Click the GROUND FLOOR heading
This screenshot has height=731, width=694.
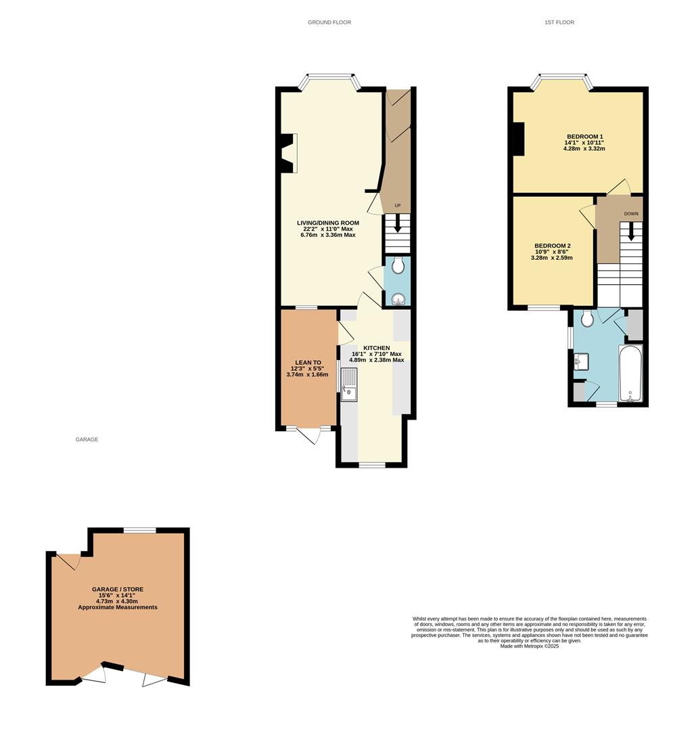[x=329, y=22]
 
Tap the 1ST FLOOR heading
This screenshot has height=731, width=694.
[x=559, y=22]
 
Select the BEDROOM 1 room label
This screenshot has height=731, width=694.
[x=584, y=137]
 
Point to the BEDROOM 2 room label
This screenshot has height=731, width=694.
[x=552, y=246]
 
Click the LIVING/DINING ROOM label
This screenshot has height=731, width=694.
[x=328, y=223]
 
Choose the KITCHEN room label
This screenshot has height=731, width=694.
[x=376, y=348]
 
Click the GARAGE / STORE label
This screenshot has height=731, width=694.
[x=118, y=590]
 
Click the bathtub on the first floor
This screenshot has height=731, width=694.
[x=630, y=374]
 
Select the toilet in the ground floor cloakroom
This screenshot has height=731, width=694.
[x=398, y=265]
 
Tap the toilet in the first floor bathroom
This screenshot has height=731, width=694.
[x=587, y=317]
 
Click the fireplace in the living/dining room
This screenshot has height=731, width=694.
[x=288, y=153]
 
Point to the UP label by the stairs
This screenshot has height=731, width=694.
[x=398, y=206]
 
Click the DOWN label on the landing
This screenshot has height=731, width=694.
[x=630, y=214]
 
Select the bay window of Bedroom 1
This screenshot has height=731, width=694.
[x=561, y=81]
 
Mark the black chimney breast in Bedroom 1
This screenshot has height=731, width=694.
[x=518, y=139]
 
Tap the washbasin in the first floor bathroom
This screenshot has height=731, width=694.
[x=582, y=362]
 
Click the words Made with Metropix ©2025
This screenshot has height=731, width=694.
[x=529, y=646]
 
